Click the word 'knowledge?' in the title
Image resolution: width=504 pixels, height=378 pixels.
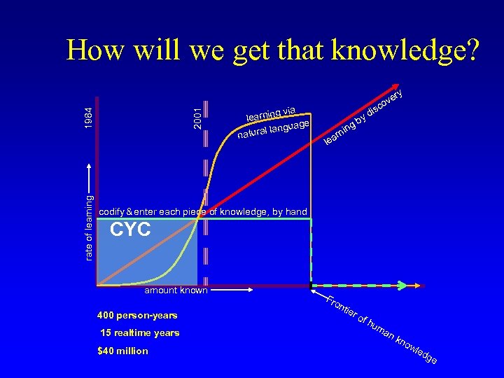(x=405, y=50)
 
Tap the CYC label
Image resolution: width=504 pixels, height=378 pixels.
(x=131, y=229)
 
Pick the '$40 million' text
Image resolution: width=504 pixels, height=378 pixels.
(x=123, y=351)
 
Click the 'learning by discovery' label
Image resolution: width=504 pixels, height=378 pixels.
(x=364, y=117)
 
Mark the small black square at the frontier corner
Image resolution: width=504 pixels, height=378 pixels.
(x=311, y=286)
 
